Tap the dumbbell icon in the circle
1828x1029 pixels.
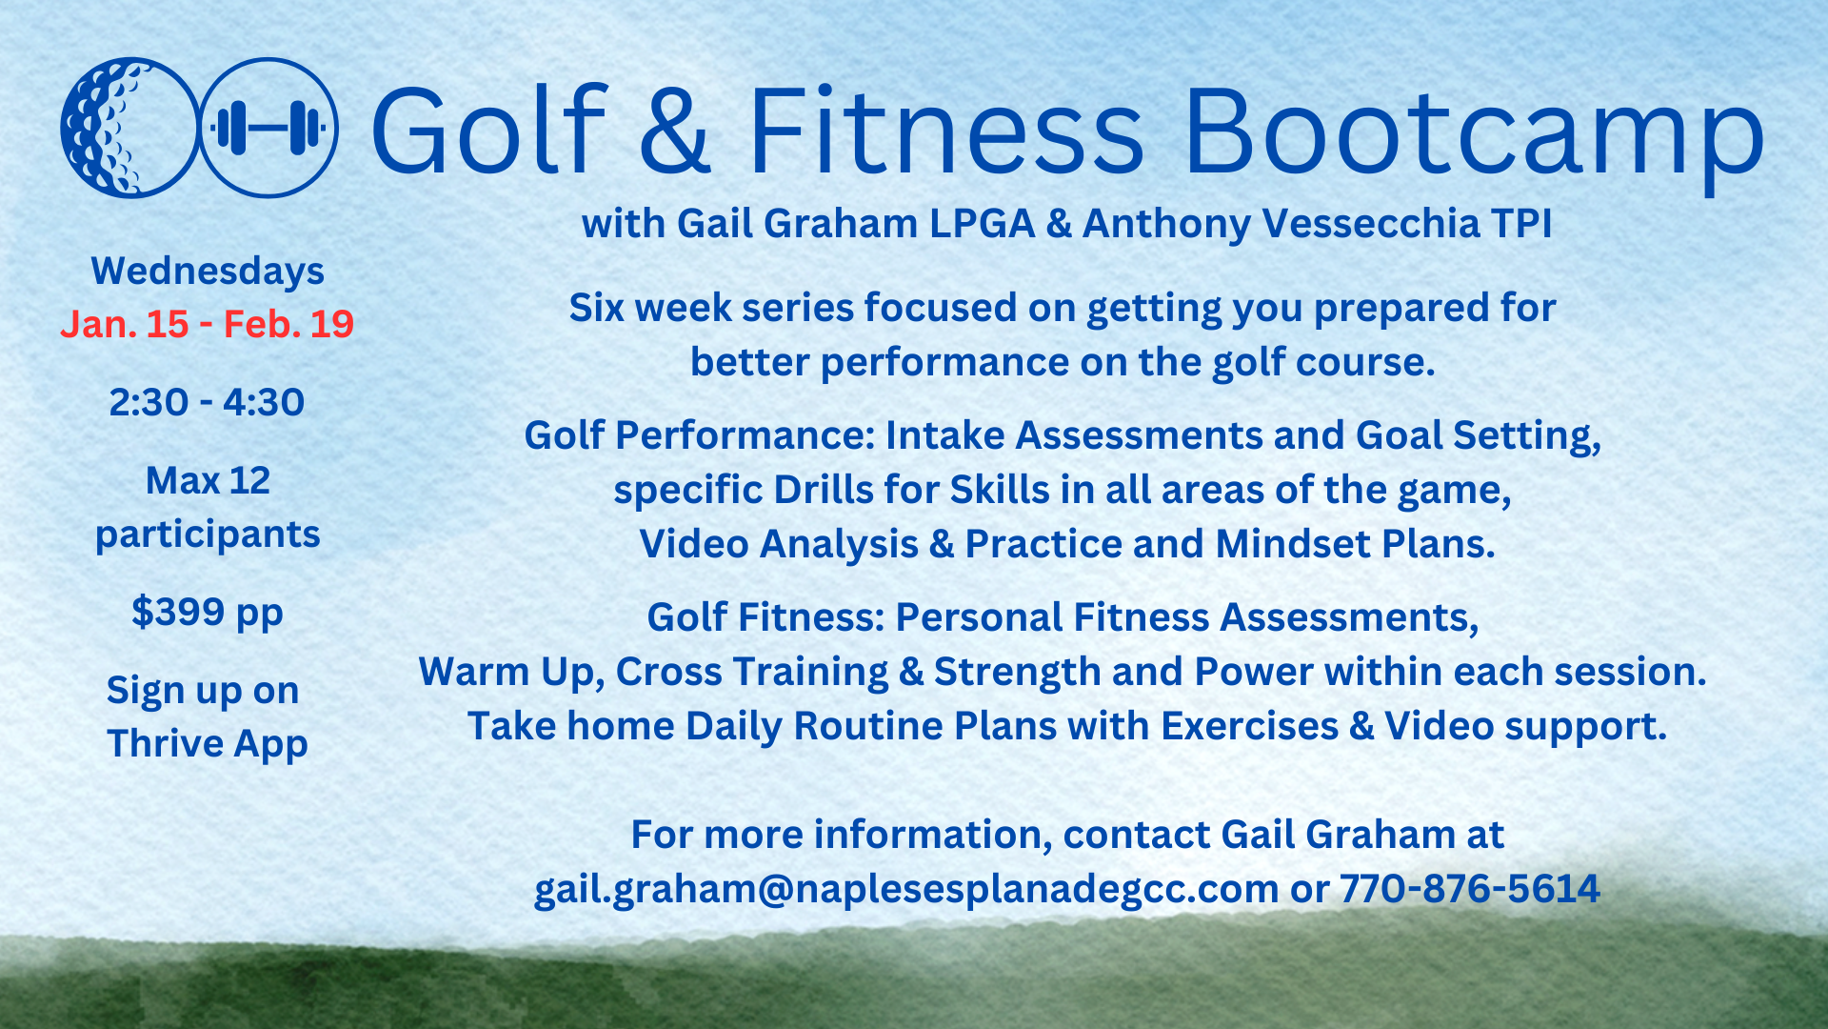click(x=268, y=128)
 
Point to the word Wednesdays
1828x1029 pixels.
click(x=208, y=272)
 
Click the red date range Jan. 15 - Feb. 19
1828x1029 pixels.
click(x=208, y=324)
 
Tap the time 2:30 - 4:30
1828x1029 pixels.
click(x=207, y=402)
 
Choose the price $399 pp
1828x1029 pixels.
click(x=208, y=613)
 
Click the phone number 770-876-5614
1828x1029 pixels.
click(x=1470, y=889)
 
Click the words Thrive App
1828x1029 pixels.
click(x=208, y=744)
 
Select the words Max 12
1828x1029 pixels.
click(x=208, y=481)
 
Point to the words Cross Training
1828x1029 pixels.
click(x=752, y=673)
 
